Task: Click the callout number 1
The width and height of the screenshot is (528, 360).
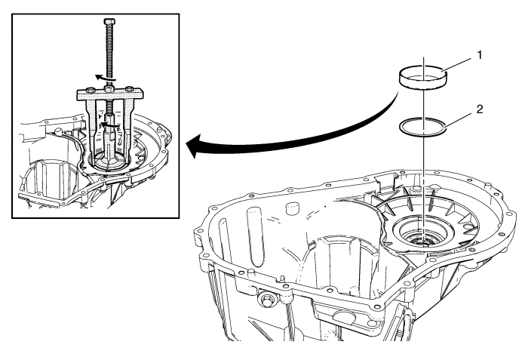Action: click(479, 55)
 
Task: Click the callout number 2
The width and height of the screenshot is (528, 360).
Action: click(480, 109)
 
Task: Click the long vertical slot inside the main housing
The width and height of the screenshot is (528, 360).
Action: click(255, 237)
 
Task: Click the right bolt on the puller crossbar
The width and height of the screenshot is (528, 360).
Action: click(129, 90)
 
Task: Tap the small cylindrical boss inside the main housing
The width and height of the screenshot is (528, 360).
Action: click(293, 208)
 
